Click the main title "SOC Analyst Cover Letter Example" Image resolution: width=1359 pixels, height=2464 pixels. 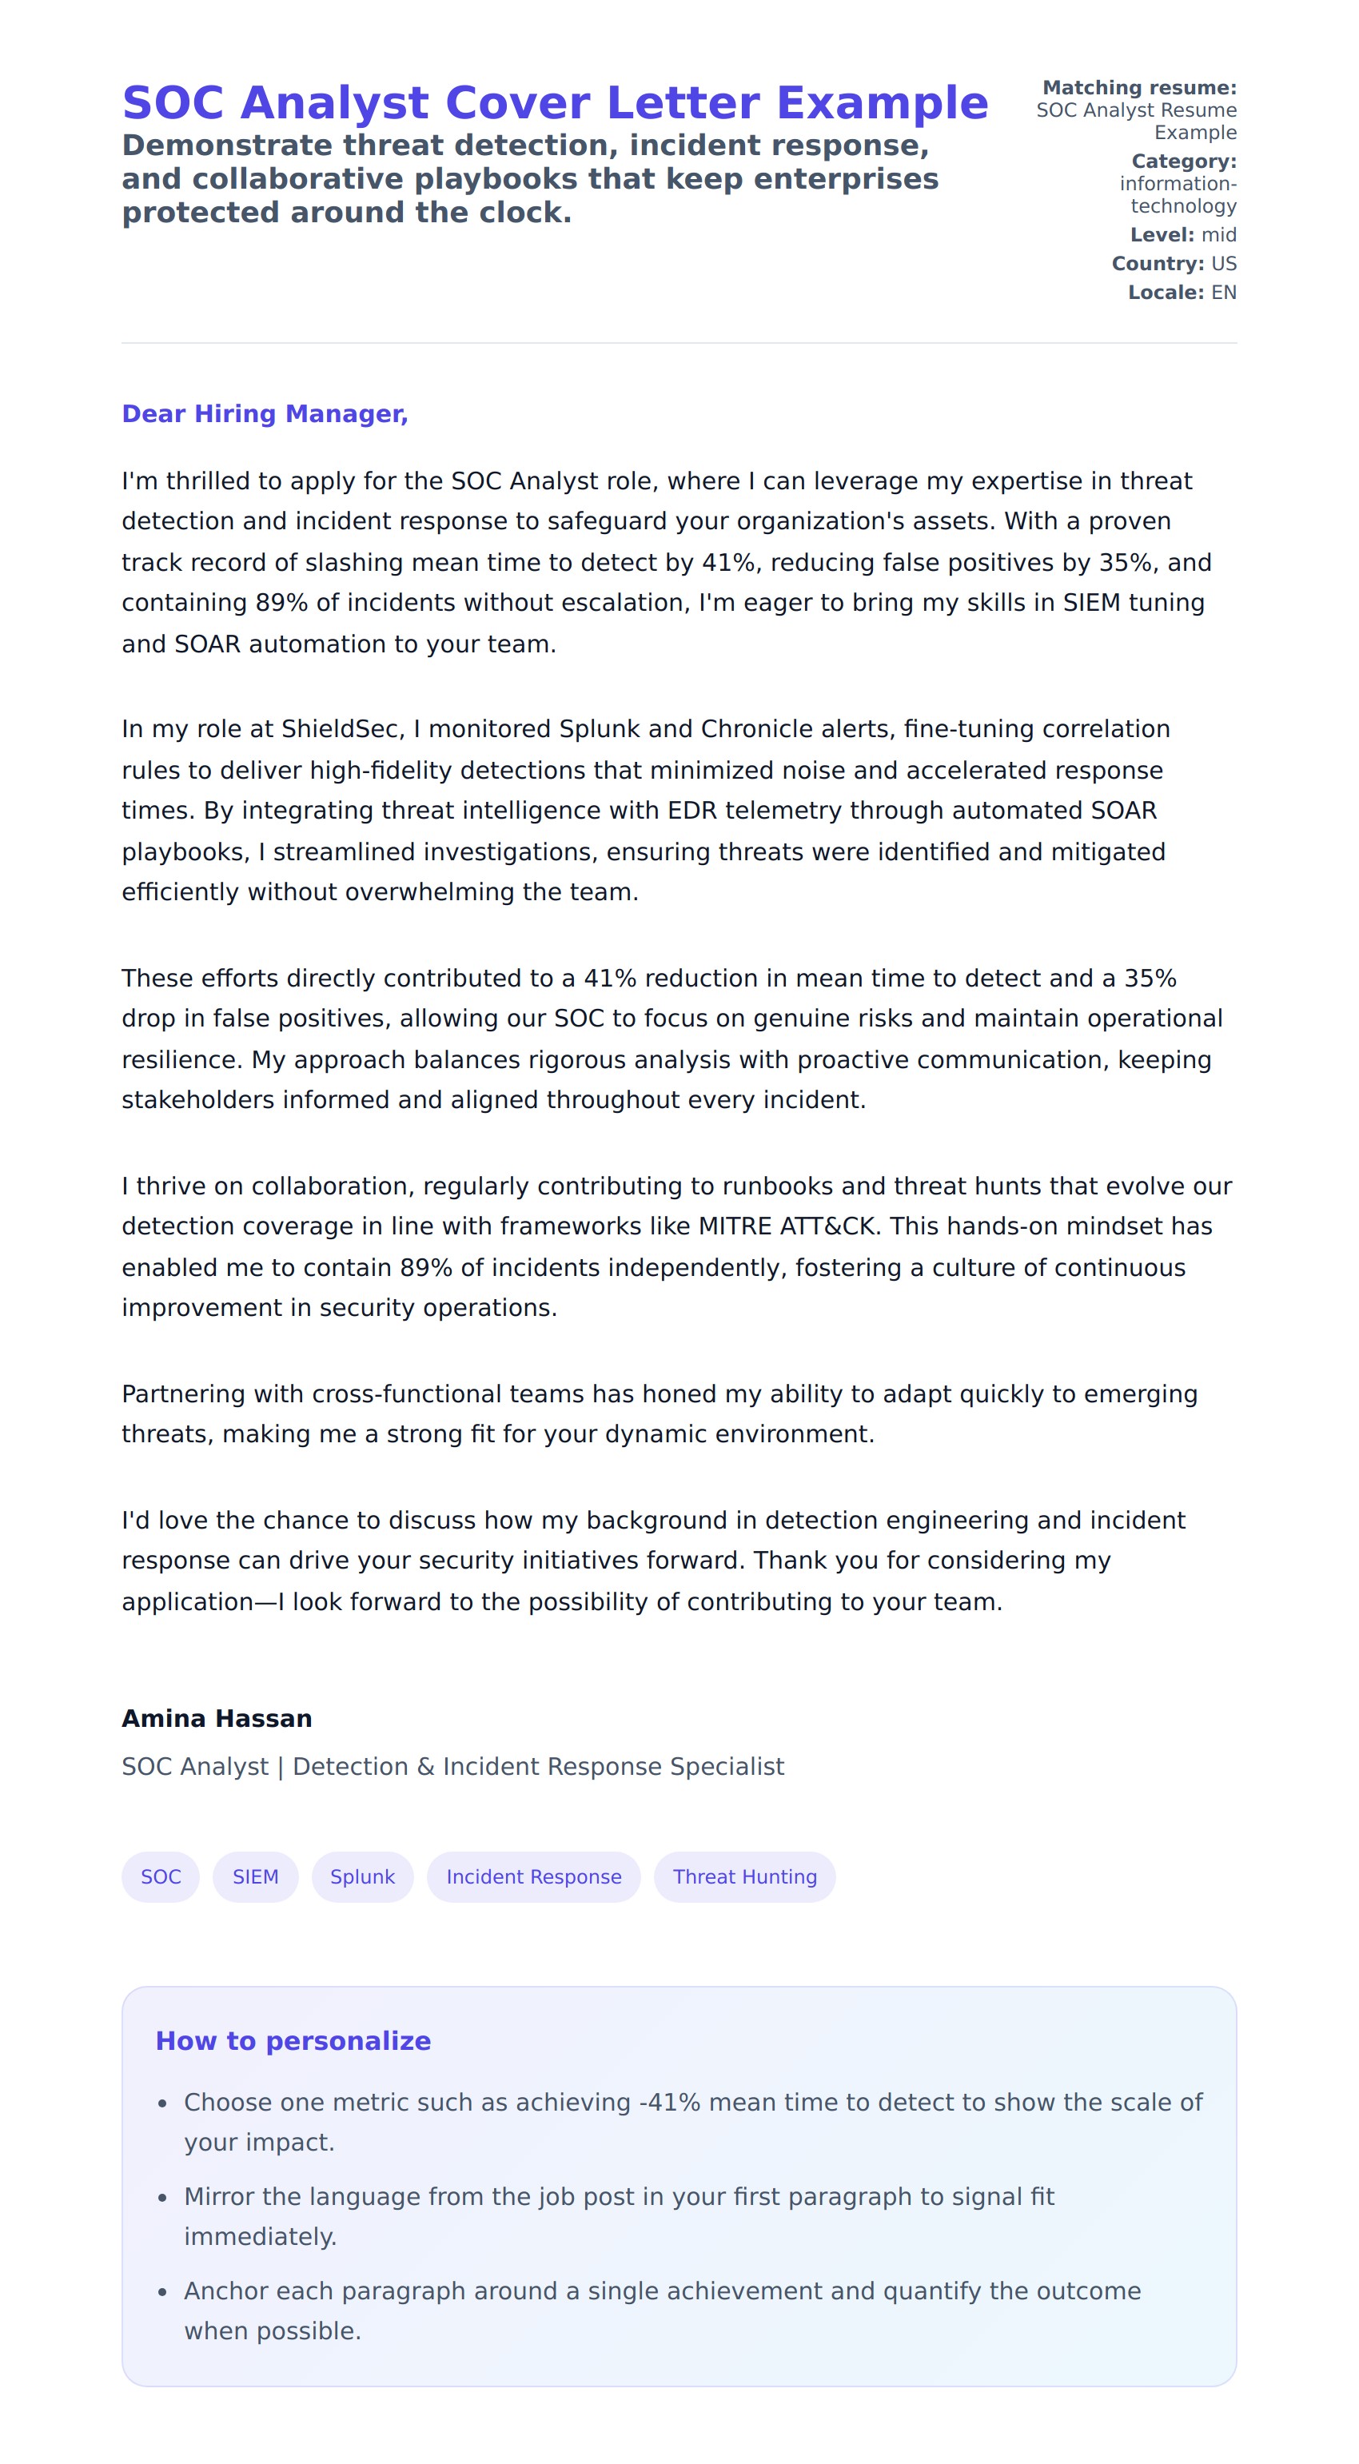tap(555, 103)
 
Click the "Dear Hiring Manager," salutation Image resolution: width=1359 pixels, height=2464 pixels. tap(265, 414)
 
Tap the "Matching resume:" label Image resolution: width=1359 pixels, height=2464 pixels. tap(1139, 88)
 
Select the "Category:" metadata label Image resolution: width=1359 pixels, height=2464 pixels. tap(1184, 161)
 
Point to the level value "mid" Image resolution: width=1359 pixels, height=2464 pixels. tap(1218, 235)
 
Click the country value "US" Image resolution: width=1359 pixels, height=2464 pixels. tap(1223, 264)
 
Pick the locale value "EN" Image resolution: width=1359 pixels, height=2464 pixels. tap(1223, 293)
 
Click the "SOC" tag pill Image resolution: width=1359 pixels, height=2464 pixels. tap(161, 1876)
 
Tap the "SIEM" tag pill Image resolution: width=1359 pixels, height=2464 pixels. tap(255, 1876)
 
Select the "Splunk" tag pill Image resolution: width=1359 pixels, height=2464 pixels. tap(362, 1876)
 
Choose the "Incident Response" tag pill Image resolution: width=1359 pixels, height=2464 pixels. tap(534, 1876)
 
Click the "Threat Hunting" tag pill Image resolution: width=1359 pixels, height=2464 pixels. tap(745, 1876)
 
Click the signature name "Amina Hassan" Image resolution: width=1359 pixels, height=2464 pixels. tap(217, 1719)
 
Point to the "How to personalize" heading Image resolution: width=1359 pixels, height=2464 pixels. tap(293, 2041)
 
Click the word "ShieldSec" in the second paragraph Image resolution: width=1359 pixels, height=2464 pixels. tap(340, 730)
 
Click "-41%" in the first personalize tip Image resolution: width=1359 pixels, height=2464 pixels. tap(669, 2103)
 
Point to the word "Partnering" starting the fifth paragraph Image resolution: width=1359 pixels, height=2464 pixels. tap(183, 1394)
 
